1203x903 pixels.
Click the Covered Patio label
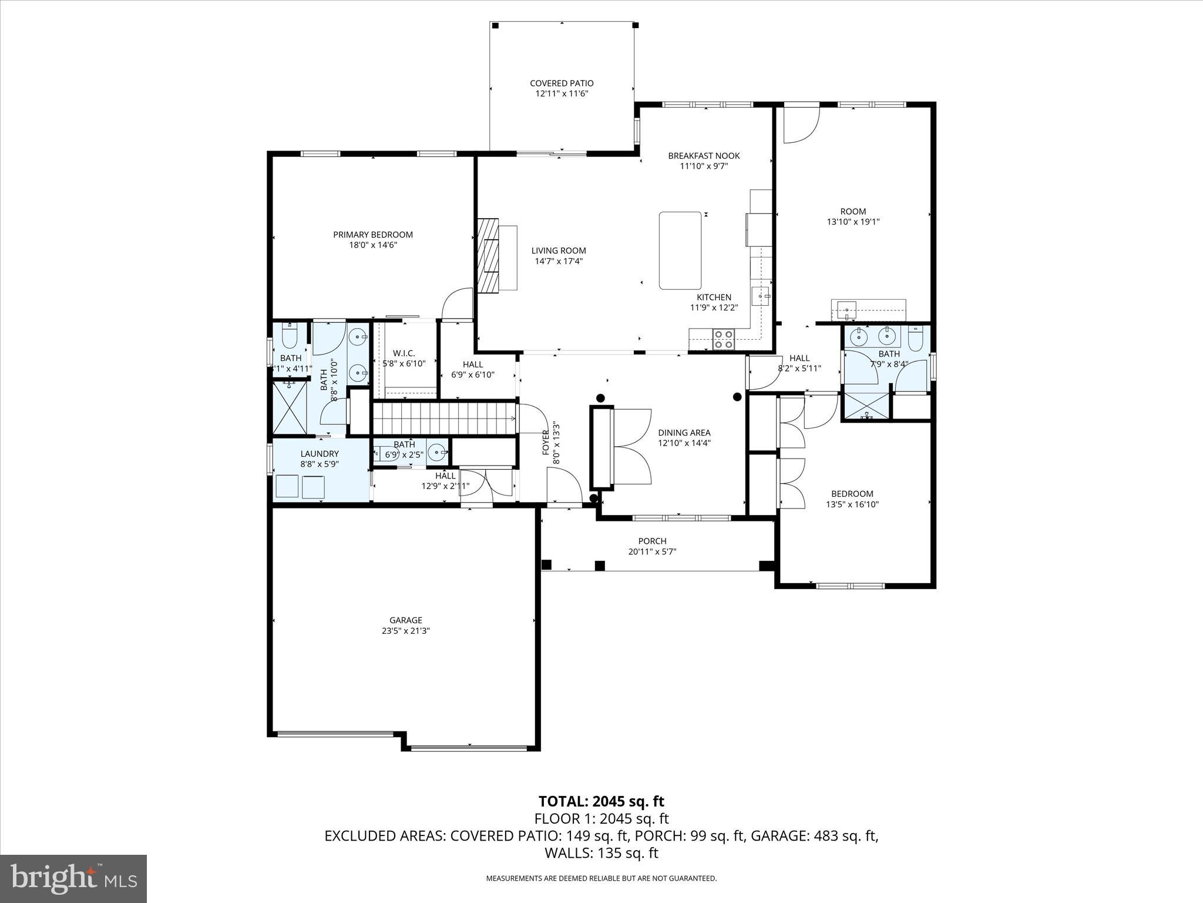coord(561,83)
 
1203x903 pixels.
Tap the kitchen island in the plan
coord(680,250)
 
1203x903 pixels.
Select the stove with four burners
coord(723,340)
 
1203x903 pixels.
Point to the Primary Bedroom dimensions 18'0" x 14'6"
coord(373,245)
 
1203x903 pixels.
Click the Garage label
coord(405,620)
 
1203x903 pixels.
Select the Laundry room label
coord(320,454)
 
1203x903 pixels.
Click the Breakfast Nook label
coord(704,156)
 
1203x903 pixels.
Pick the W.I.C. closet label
coord(404,353)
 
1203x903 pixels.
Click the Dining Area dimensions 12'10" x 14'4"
coord(684,443)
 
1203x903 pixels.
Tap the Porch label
coord(652,541)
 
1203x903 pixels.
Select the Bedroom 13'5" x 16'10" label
coord(852,494)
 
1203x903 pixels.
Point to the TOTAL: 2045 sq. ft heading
coord(601,801)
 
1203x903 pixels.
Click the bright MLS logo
coord(73,878)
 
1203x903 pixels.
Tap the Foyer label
coord(545,443)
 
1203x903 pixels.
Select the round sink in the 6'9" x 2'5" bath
coord(436,453)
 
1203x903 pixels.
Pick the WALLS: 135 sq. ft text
coord(601,853)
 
